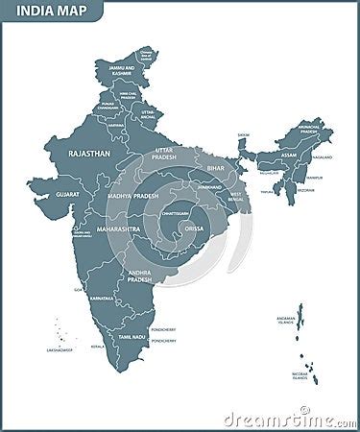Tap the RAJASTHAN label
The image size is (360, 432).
click(x=88, y=153)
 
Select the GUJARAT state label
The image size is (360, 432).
click(x=68, y=194)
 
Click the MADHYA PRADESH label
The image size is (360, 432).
click(x=132, y=196)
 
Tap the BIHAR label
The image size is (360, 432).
click(x=215, y=168)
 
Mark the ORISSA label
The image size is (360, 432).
click(x=194, y=229)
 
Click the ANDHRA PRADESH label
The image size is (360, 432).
click(x=138, y=276)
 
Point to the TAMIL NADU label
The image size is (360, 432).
click(x=131, y=337)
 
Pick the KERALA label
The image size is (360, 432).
click(x=97, y=346)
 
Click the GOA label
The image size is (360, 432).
click(x=78, y=289)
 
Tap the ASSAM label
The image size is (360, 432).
click(x=288, y=155)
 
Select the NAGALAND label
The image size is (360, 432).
click(x=323, y=156)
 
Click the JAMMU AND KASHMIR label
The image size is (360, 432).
click(x=122, y=71)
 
